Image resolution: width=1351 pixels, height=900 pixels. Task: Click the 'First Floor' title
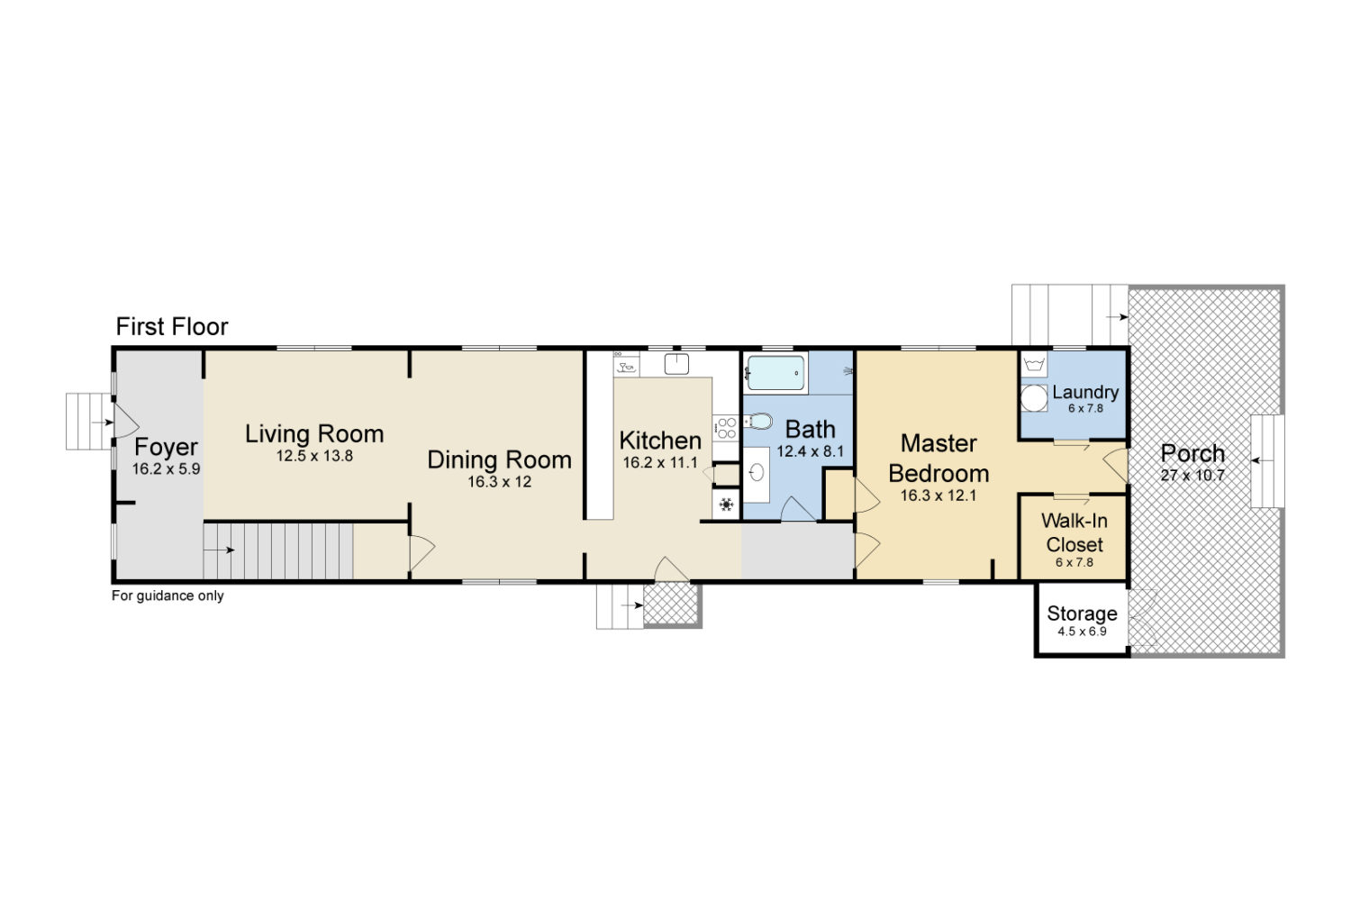(x=172, y=327)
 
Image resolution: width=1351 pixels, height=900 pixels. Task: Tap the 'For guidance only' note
(x=168, y=596)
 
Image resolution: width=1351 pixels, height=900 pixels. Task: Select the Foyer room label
(x=166, y=447)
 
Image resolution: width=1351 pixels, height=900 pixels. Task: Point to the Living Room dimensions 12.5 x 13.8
(x=315, y=456)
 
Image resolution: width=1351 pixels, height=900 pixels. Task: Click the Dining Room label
(x=499, y=460)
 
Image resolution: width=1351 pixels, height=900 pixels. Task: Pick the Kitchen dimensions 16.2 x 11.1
(x=660, y=463)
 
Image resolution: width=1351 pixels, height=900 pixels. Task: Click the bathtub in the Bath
(x=775, y=373)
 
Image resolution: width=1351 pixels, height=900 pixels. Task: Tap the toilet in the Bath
(x=758, y=421)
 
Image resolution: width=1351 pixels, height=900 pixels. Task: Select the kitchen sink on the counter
(x=676, y=364)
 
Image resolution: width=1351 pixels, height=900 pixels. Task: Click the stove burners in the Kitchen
(x=726, y=428)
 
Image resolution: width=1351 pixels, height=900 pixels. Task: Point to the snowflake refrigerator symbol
(x=726, y=505)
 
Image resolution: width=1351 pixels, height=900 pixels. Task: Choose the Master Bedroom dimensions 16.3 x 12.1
(x=938, y=495)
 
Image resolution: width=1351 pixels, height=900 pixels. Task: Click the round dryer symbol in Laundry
(x=1034, y=398)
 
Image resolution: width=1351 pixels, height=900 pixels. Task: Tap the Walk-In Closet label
(x=1074, y=532)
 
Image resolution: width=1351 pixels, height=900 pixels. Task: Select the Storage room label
(x=1082, y=614)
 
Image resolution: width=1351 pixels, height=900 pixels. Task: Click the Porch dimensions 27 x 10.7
(x=1192, y=476)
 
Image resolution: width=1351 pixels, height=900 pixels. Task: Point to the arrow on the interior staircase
(x=219, y=550)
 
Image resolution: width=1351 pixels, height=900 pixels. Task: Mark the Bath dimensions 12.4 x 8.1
(x=810, y=452)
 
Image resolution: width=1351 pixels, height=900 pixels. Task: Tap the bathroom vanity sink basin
(x=757, y=472)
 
